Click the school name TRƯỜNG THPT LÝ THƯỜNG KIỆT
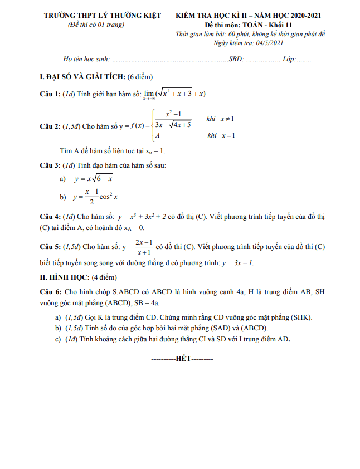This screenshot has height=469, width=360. (x=103, y=16)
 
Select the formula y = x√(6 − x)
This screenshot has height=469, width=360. (x=94, y=179)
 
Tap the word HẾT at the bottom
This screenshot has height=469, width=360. (x=183, y=359)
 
